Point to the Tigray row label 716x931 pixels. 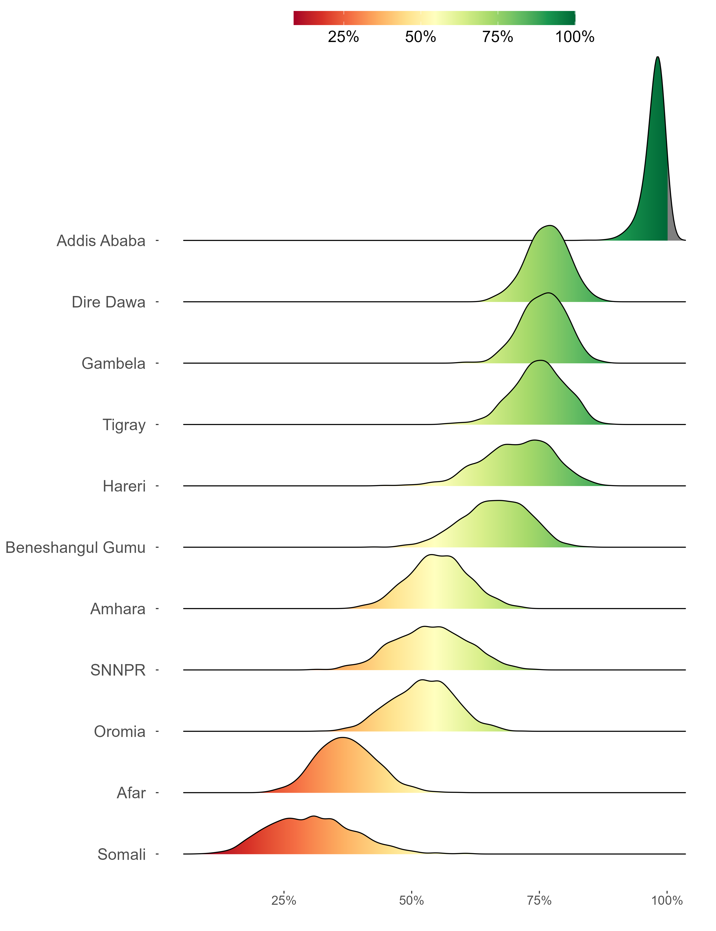point(124,425)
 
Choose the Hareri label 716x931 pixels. point(124,487)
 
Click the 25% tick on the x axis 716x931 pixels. point(284,901)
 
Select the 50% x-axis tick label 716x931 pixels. point(412,901)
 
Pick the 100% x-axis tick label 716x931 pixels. point(667,901)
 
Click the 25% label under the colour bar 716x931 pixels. point(343,37)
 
